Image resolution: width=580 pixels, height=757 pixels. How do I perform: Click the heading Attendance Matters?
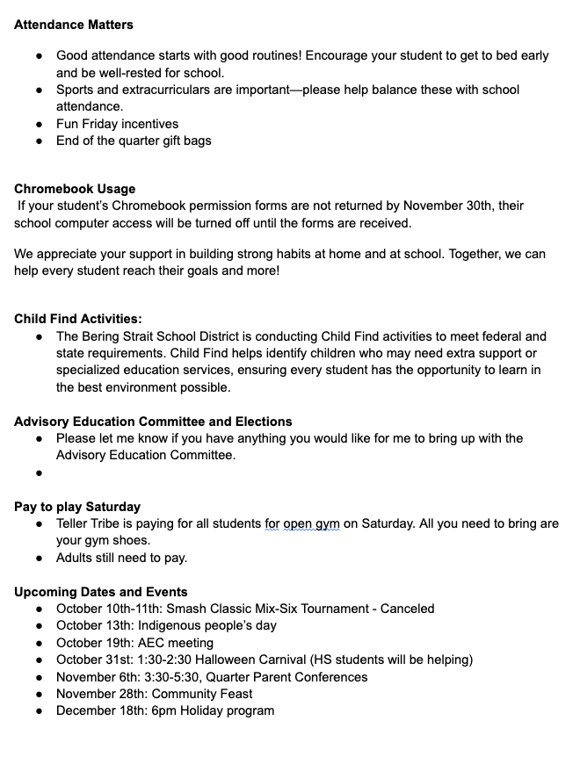tap(74, 25)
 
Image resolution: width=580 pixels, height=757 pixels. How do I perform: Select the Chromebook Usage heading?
tap(75, 189)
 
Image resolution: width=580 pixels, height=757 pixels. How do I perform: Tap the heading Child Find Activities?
tap(77, 319)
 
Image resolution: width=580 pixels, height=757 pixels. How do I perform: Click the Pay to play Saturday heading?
tap(77, 507)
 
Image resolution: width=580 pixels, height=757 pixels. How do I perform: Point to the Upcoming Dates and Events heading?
tap(100, 592)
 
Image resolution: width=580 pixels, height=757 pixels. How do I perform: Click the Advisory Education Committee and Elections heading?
tap(153, 422)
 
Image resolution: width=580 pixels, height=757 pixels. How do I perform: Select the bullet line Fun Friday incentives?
tap(117, 124)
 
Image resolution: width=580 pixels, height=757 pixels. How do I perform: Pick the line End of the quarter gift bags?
tap(134, 141)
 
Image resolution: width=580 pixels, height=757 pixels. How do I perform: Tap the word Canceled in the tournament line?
tap(407, 609)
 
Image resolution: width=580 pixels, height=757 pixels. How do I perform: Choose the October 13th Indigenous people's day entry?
tap(166, 625)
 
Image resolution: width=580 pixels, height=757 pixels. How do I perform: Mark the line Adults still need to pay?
tap(121, 558)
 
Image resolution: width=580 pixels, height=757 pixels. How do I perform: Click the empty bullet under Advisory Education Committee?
tap(40, 472)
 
